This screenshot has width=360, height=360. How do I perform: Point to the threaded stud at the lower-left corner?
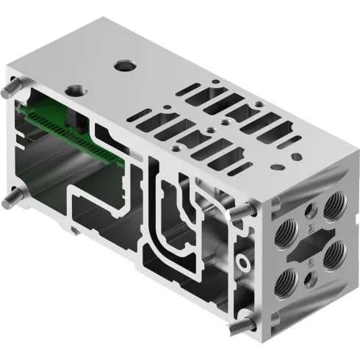pyautogui.click(x=10, y=199)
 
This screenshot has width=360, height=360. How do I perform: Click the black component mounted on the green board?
pyautogui.click(x=73, y=118)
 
